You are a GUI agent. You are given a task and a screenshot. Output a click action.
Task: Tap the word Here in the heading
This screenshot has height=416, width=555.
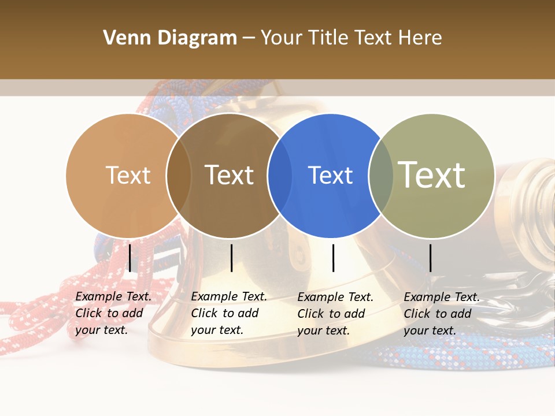[420, 38]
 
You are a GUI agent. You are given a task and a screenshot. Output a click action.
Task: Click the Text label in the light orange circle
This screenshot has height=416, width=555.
[128, 175]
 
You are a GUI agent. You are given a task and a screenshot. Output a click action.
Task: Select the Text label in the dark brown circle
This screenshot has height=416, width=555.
[230, 175]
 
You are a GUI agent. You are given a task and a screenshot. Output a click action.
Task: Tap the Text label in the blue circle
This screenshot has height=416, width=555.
[330, 175]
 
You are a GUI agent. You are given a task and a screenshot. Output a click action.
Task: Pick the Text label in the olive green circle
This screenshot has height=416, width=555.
[432, 175]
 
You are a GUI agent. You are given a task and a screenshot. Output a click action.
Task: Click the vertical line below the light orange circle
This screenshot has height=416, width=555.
[129, 258]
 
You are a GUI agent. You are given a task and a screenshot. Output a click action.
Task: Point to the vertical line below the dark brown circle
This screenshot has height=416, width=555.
[231, 258]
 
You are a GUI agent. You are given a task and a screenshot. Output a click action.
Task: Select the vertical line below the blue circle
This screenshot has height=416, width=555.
[333, 258]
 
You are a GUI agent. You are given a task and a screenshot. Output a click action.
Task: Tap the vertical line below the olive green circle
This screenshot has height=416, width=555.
[430, 258]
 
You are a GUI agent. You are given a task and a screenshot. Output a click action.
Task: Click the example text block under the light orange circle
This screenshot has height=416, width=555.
[113, 313]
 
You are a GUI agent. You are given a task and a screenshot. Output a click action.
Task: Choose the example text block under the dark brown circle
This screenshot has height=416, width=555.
[228, 313]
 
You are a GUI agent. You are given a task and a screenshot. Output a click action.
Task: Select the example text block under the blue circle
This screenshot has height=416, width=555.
[335, 314]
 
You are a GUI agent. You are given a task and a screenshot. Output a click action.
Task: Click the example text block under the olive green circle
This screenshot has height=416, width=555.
[441, 314]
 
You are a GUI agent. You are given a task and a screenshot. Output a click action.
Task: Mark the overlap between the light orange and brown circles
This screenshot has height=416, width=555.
[179, 175]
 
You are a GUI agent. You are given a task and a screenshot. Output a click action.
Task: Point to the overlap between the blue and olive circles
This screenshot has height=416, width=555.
[381, 175]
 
